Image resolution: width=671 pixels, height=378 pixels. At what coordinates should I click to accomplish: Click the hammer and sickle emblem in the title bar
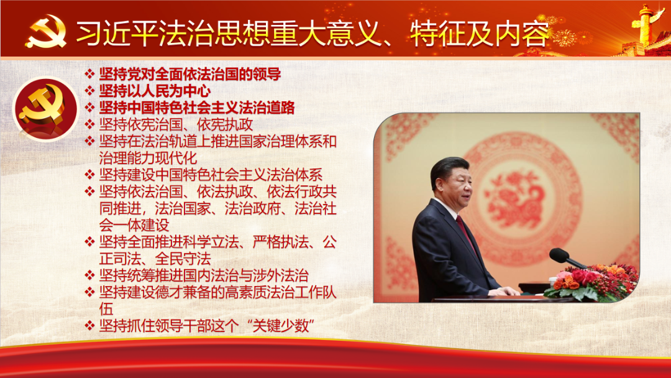pos(46,31)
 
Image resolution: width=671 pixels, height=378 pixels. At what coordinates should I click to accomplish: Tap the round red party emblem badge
pos(46,109)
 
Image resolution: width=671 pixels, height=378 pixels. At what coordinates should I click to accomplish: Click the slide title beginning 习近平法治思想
pos(313,34)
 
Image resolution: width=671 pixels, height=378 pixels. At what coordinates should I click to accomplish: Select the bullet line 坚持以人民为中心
pos(155,91)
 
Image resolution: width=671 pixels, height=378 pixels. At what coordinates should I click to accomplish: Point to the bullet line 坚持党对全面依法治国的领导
pos(190,74)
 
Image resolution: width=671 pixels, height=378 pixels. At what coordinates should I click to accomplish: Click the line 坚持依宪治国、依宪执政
pos(176,124)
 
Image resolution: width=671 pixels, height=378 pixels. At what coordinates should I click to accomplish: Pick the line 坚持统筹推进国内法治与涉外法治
pos(204,275)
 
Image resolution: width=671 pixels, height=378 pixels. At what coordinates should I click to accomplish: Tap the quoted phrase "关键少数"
pos(281,326)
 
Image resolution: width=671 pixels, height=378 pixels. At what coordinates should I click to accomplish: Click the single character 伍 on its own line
pos(106,309)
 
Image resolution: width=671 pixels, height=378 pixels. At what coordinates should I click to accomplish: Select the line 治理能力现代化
pos(148,158)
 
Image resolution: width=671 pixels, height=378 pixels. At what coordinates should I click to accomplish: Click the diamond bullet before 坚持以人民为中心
pos(89,91)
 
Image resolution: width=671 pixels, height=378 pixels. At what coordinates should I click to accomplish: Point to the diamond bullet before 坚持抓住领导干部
pos(89,326)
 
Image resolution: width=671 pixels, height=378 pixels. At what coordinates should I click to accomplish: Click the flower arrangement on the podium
pos(591,282)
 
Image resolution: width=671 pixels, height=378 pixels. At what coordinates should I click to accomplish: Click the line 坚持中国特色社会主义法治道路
pos(197,108)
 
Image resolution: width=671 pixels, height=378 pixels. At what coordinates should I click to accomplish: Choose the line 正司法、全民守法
pos(155,259)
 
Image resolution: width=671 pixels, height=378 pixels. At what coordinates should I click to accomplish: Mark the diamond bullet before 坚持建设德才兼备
pos(89,292)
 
